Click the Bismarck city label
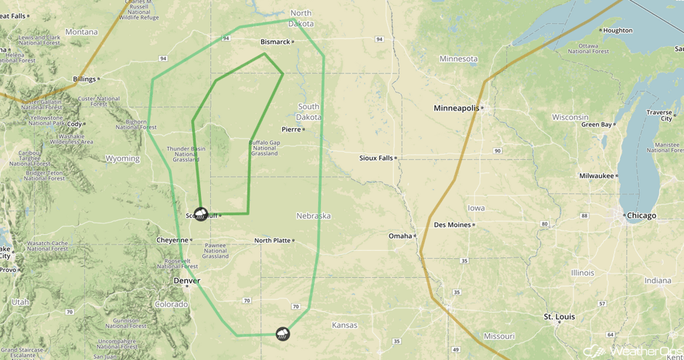(x=275, y=42)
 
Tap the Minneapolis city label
(x=456, y=108)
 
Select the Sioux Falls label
(x=375, y=158)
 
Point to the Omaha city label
(x=399, y=236)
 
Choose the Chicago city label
(x=641, y=215)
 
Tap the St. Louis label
(x=560, y=317)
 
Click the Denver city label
(x=186, y=281)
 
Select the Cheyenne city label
(x=172, y=240)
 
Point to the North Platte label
(x=272, y=241)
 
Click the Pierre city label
(x=291, y=129)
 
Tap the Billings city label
(x=84, y=79)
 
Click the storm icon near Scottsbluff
(x=201, y=214)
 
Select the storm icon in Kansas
(x=282, y=334)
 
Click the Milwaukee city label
(x=597, y=175)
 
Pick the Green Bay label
(x=596, y=124)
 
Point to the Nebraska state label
(x=314, y=216)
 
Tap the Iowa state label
(x=476, y=208)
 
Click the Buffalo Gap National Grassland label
(x=264, y=148)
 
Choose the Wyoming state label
(x=122, y=159)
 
